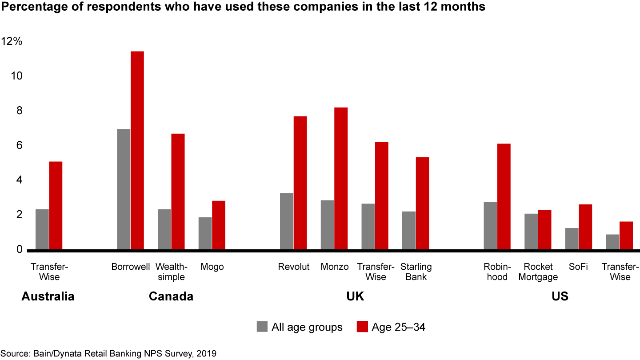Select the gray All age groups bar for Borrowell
point(124,189)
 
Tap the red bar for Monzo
point(341,178)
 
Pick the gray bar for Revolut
point(287,221)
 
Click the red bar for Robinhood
point(504,196)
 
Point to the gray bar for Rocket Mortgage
point(531,232)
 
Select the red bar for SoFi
point(585,227)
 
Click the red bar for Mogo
point(219,225)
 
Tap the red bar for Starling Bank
point(422,204)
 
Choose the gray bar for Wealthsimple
point(164,229)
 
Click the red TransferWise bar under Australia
point(56,206)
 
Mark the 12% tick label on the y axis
point(12,41)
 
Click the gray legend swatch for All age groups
point(262,327)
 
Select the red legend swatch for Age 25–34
point(362,327)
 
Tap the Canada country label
point(171,296)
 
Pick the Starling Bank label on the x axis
point(416,272)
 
